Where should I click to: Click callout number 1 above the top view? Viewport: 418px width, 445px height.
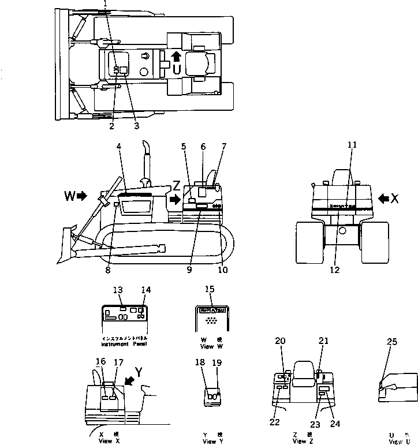click(x=105, y=3)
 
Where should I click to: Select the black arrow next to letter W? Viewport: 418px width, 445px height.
click(x=81, y=196)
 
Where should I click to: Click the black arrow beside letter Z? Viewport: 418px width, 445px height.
click(x=174, y=199)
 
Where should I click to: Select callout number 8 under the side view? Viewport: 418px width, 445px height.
click(x=107, y=269)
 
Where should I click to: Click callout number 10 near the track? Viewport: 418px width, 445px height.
click(x=222, y=269)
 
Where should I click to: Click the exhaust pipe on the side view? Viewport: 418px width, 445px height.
click(x=148, y=159)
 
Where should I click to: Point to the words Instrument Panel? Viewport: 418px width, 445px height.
click(x=124, y=344)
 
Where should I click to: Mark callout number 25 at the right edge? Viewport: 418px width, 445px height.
click(x=391, y=342)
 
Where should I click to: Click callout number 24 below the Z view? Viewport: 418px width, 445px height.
click(x=335, y=423)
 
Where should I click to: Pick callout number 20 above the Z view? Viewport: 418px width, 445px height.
click(x=281, y=341)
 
